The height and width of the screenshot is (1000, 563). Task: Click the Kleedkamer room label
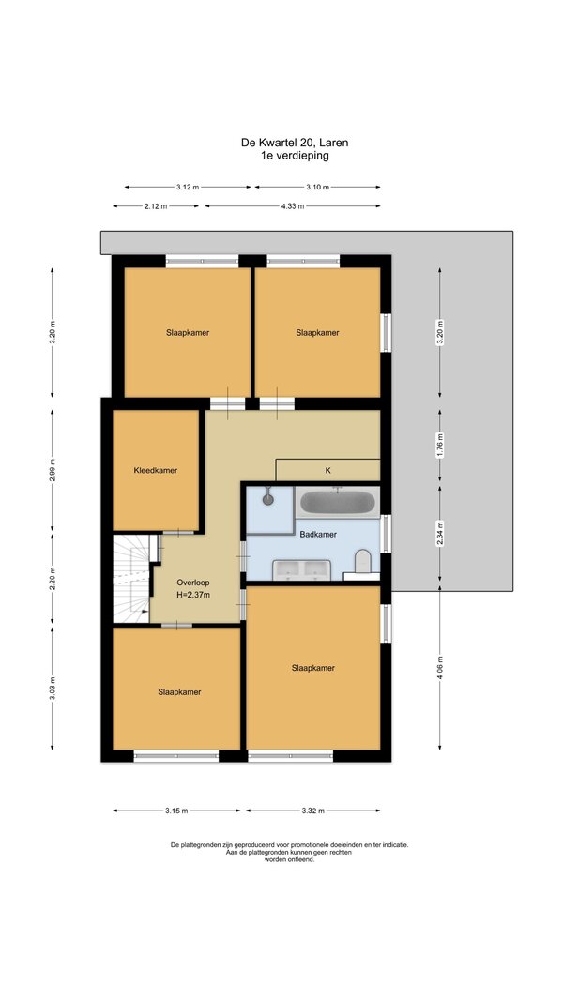point(155,471)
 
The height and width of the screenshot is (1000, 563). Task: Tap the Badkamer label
point(318,535)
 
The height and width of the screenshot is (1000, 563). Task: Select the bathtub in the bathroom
point(337,503)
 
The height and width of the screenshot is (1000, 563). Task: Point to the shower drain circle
point(267,500)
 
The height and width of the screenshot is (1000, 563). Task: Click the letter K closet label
point(327,471)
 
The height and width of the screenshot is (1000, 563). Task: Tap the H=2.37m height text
point(193,595)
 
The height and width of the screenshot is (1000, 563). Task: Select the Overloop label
point(193,583)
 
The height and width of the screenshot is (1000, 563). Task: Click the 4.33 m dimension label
point(293,206)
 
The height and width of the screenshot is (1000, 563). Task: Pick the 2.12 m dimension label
point(156,206)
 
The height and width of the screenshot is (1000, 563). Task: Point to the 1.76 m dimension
point(439,445)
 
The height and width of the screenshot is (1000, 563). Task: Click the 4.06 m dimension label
point(439,668)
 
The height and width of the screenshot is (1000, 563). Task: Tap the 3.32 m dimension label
point(313,811)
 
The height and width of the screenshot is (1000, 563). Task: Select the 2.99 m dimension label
point(53,470)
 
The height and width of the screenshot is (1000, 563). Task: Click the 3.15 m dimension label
point(176,811)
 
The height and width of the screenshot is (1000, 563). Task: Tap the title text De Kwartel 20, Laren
point(295,143)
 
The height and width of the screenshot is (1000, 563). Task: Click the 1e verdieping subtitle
point(295,155)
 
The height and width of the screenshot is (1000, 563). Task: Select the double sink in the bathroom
point(301,569)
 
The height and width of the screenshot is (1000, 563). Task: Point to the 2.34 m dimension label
point(439,533)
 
